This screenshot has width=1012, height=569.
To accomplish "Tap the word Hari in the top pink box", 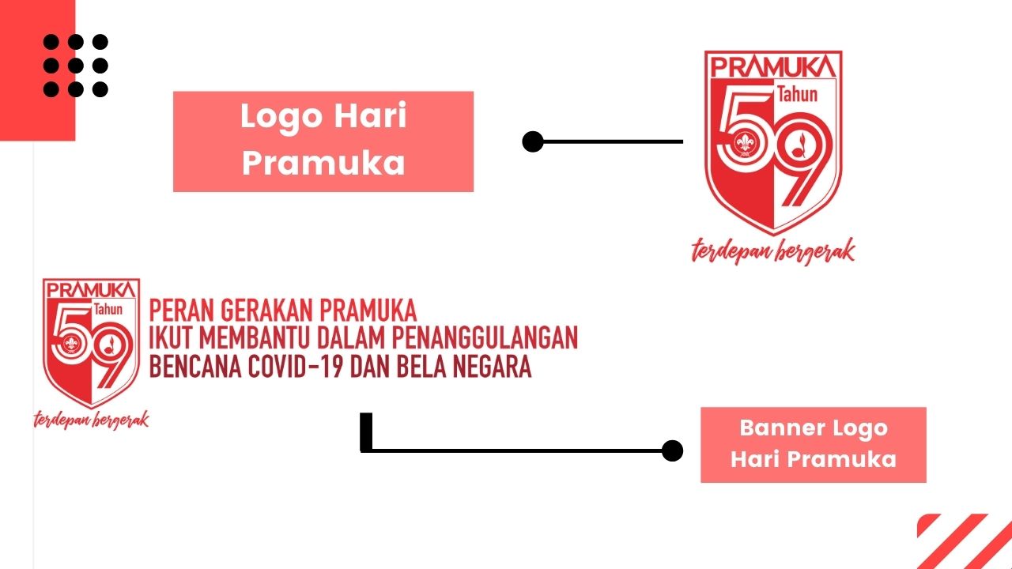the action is pos(371,115).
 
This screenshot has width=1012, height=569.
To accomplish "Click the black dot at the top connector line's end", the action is pos(533,141).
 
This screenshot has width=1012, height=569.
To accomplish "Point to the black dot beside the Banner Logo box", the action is pos(672,450).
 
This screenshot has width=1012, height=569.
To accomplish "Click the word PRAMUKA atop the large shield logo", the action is pos(773,66).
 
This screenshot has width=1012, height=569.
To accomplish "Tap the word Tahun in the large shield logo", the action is pos(798,94).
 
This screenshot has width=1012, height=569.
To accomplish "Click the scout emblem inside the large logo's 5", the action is pos(744,144).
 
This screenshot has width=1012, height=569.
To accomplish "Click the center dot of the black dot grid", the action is pos(75,66).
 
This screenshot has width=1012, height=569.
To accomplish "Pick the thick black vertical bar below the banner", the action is pos(366,431).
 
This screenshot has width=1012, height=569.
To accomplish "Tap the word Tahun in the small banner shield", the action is pos(108,309).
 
